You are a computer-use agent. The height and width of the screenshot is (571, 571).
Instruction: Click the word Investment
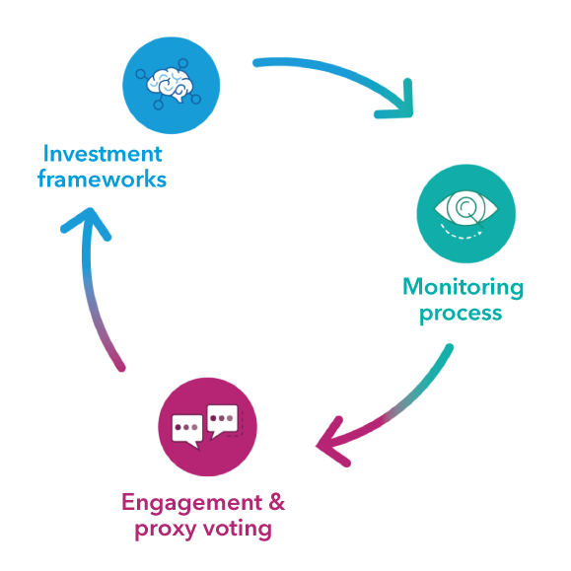[103, 154]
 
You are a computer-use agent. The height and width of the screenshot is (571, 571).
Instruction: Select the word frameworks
[102, 178]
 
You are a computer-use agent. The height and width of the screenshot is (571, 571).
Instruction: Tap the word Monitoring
[464, 288]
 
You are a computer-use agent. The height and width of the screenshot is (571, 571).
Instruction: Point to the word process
[461, 314]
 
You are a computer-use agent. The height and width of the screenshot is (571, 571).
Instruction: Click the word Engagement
[191, 504]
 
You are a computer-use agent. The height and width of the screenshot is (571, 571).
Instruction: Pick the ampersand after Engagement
[277, 502]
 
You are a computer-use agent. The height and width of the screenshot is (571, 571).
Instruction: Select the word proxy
[166, 530]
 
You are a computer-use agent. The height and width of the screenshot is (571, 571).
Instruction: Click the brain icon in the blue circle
[170, 85]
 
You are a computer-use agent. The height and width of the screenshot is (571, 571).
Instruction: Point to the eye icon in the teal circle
[465, 209]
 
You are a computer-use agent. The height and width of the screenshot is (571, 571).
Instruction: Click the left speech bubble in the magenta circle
[187, 431]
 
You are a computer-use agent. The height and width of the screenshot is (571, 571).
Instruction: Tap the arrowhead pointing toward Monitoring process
[396, 102]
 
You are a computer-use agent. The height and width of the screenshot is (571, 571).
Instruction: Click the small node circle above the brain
[183, 63]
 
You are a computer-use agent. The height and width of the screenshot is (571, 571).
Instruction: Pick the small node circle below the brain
[159, 105]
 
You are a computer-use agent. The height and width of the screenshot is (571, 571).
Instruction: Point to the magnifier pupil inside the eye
[465, 206]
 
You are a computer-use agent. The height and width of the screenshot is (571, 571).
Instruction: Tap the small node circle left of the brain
[140, 74]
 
